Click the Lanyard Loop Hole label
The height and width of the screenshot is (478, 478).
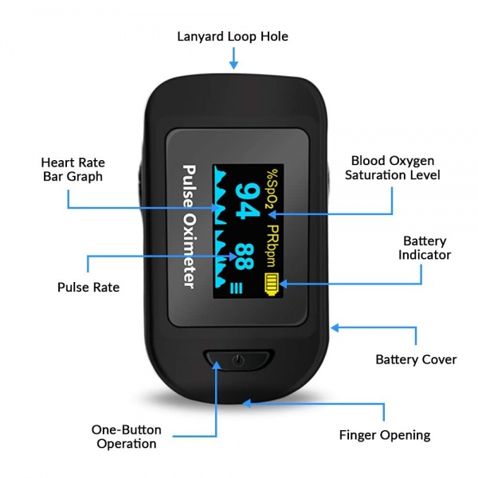click(x=232, y=37)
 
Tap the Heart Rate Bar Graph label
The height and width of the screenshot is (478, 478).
click(x=72, y=169)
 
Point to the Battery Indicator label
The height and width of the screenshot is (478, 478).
click(x=425, y=248)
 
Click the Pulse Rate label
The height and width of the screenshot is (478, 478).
click(x=88, y=287)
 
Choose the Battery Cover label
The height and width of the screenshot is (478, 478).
click(x=416, y=359)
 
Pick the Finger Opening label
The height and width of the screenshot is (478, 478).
click(x=384, y=435)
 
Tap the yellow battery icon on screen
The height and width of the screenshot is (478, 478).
click(x=272, y=284)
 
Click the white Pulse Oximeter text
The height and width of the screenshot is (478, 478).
click(x=190, y=226)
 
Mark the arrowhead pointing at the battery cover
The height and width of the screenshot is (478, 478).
click(x=336, y=327)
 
